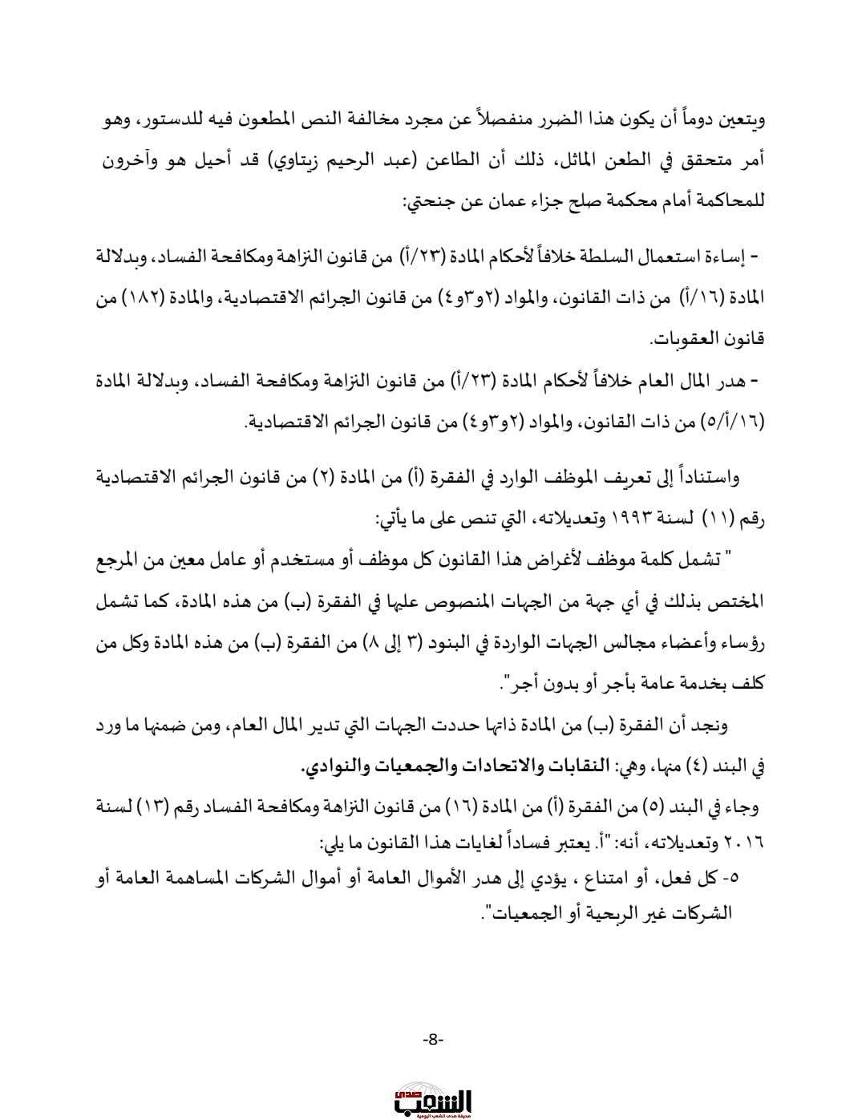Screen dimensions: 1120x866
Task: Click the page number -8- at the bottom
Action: click(432, 1039)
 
